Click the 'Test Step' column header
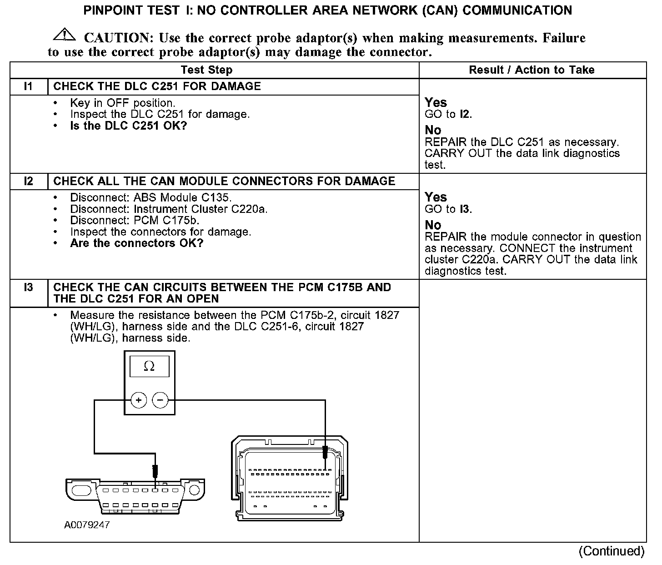point(206,70)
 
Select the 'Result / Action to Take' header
point(532,70)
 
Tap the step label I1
point(28,86)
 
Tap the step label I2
point(28,181)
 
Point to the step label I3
point(28,288)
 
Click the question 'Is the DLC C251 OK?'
point(128,126)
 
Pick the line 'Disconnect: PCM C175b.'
point(135,221)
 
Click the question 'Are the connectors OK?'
point(136,243)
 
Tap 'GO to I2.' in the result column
point(448,114)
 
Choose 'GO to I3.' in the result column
point(448,209)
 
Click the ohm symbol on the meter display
point(149,367)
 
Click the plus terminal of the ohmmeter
point(139,400)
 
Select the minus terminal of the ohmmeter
point(160,400)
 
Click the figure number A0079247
point(87,525)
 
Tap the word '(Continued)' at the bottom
point(611,551)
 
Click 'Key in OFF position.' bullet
point(122,103)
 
